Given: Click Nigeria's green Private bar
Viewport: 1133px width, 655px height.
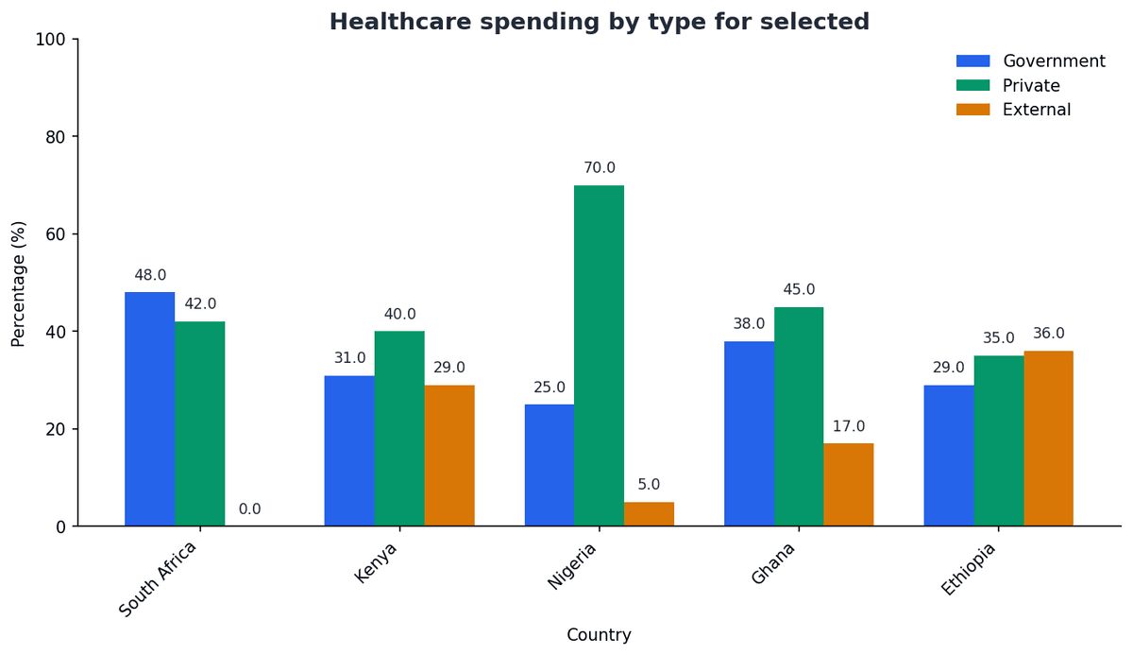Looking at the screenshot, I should coord(599,355).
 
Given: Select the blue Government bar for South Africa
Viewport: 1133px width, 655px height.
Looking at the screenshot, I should coord(149,408).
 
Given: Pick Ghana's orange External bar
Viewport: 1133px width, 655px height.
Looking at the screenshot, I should coord(848,484).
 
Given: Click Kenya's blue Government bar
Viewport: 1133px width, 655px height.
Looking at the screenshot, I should coord(349,451).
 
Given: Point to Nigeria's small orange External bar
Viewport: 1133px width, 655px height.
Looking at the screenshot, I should coord(649,514).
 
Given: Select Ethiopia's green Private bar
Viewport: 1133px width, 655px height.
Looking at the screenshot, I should coord(998,440).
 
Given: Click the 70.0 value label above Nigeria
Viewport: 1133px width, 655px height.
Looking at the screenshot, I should coord(599,168).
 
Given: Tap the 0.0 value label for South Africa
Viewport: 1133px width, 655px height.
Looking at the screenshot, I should coord(249,509).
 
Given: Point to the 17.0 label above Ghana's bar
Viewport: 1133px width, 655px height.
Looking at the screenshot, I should coord(848,427).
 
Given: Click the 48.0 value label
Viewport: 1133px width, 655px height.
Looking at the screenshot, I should coord(150,276).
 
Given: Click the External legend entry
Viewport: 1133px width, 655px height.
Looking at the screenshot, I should coord(1036,110).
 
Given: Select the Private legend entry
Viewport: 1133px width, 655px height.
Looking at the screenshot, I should coord(1030,86).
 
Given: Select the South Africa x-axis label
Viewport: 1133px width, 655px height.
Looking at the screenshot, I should coord(158,578).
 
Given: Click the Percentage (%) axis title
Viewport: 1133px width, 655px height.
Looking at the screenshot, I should coord(19,283).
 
